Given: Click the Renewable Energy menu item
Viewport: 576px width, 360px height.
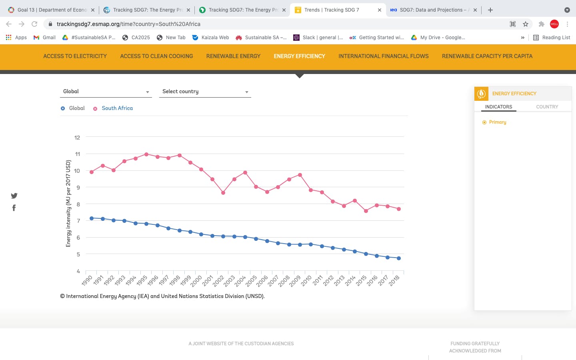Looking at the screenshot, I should tap(233, 56).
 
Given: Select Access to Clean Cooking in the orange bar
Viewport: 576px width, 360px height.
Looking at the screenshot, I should tap(156, 56).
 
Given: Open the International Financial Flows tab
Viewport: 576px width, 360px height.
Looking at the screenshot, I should tap(383, 56).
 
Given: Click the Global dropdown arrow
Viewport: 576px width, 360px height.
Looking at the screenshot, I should tap(148, 92).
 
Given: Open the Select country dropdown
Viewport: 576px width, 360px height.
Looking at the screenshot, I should tap(205, 92).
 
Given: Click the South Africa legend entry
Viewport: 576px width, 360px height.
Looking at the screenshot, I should tap(117, 108).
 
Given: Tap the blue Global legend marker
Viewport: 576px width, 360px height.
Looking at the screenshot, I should tap(63, 108).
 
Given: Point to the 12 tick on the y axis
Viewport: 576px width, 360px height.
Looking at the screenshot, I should tap(77, 138).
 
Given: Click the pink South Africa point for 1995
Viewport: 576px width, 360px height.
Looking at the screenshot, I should tap(146, 154).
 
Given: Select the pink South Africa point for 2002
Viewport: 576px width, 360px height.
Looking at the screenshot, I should tap(223, 193).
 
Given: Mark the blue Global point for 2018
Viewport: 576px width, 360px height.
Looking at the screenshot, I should tap(399, 258).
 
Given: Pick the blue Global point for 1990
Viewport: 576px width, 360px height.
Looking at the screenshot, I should tap(92, 218).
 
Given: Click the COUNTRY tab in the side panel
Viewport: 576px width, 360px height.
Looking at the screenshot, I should tap(547, 107).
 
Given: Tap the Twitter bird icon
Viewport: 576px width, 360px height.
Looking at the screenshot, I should tap(14, 196).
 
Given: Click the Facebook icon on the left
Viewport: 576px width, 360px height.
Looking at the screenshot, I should tap(14, 208).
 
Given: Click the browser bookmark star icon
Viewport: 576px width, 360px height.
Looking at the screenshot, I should tap(526, 24).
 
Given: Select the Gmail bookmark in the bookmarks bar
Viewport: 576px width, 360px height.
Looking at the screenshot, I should tap(44, 38).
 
